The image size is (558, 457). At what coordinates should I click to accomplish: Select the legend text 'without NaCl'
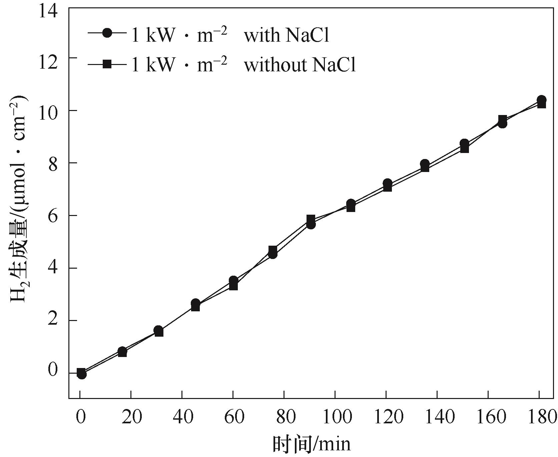tap(300, 64)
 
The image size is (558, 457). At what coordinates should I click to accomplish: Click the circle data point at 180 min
tap(542, 100)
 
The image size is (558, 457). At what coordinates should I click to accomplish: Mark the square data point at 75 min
tap(273, 250)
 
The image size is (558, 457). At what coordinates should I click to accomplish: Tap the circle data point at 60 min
tap(233, 280)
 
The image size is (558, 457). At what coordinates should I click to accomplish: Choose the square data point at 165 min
tap(503, 119)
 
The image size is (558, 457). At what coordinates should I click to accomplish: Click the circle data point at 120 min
tap(388, 183)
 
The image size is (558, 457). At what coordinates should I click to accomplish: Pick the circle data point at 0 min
tap(82, 375)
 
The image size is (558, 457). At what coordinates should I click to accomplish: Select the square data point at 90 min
tap(311, 219)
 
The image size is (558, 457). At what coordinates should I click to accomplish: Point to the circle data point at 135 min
tap(425, 164)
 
